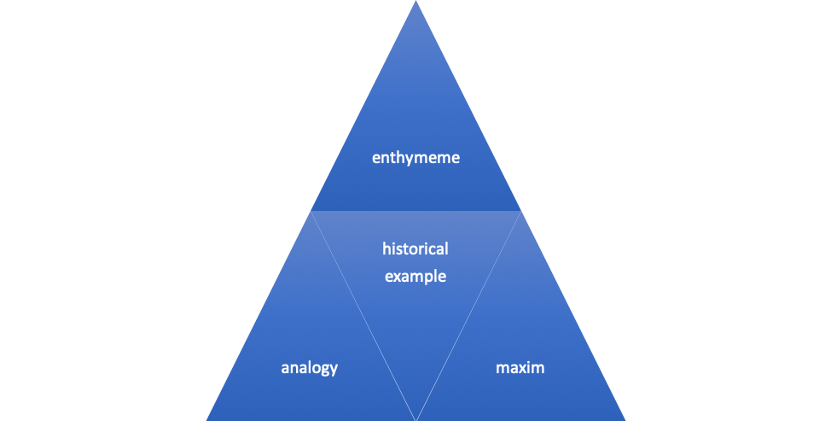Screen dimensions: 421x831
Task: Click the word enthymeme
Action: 415,158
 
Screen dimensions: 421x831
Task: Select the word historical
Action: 415,249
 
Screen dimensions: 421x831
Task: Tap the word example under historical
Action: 415,277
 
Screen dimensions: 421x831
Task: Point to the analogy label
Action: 310,368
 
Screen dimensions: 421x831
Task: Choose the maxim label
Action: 520,368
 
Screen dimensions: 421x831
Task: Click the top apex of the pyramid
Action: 415,3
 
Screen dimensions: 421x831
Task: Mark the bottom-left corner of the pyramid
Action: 208,418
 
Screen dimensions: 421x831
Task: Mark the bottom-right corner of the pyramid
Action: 624,418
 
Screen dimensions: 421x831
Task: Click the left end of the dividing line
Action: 311,210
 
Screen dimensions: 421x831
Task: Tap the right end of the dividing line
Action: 520,210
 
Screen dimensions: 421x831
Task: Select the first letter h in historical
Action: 386,249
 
